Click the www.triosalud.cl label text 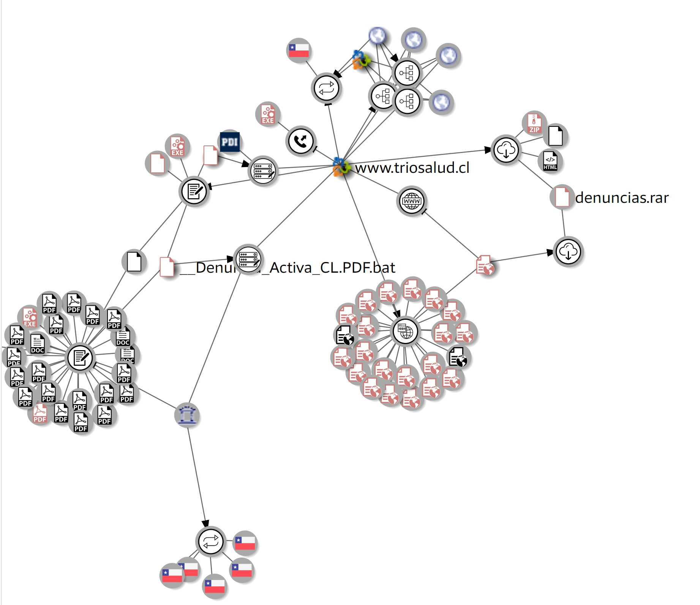[x=412, y=167]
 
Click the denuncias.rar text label [x=622, y=198]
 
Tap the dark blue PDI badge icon [x=230, y=142]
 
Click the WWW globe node [x=412, y=201]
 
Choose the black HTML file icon [x=550, y=161]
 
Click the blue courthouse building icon [x=187, y=415]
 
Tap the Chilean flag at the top [x=299, y=50]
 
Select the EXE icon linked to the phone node [x=268, y=114]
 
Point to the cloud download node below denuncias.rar [x=568, y=251]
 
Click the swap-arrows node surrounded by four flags [x=211, y=542]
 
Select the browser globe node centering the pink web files [x=405, y=331]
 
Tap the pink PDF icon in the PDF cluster [x=40, y=414]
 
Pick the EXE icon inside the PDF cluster [x=30, y=318]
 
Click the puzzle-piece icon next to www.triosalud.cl [x=341, y=167]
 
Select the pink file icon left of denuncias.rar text [x=562, y=197]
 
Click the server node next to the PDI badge [x=263, y=171]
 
